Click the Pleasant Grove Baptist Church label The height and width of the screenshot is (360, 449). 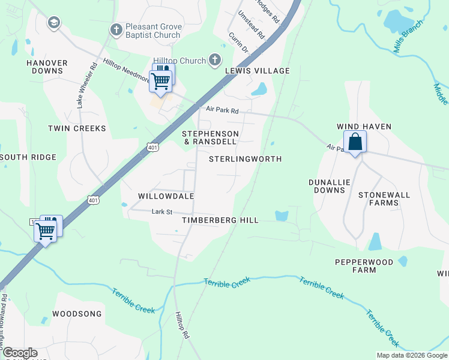click(152, 31)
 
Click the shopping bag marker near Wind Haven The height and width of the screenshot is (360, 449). click(355, 143)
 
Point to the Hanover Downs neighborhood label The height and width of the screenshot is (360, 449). click(44, 67)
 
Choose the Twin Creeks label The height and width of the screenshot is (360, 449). click(77, 128)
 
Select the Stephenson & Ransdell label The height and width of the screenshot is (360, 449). click(210, 137)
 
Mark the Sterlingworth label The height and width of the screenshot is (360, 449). click(245, 159)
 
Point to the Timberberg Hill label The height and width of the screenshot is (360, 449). click(220, 220)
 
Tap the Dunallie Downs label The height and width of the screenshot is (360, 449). click(327, 186)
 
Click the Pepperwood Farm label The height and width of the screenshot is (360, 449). click(364, 266)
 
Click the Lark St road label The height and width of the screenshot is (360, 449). click(162, 212)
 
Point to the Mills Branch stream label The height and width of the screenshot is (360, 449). click(409, 40)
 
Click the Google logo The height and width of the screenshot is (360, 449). click(19, 353)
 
